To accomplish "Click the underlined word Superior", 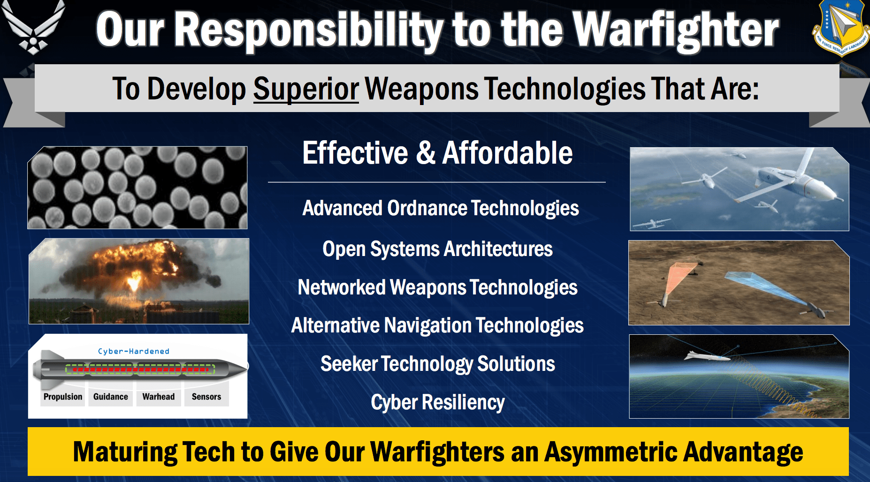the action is pos(306,89).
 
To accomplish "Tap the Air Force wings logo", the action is pos(33,26).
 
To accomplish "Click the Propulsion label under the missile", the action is pos(63,397).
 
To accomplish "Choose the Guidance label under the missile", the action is pos(111,397).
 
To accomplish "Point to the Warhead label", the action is pos(159,397).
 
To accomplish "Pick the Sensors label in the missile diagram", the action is pos(206,397).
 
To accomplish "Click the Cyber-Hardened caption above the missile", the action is pos(134,351).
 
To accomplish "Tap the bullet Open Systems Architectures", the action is pos(437,249).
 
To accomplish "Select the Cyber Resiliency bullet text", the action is pos(438,402).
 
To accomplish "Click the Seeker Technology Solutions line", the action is pos(438,364).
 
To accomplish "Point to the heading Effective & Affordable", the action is pos(437,153).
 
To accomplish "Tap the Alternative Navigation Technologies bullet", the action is pos(437,325).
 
